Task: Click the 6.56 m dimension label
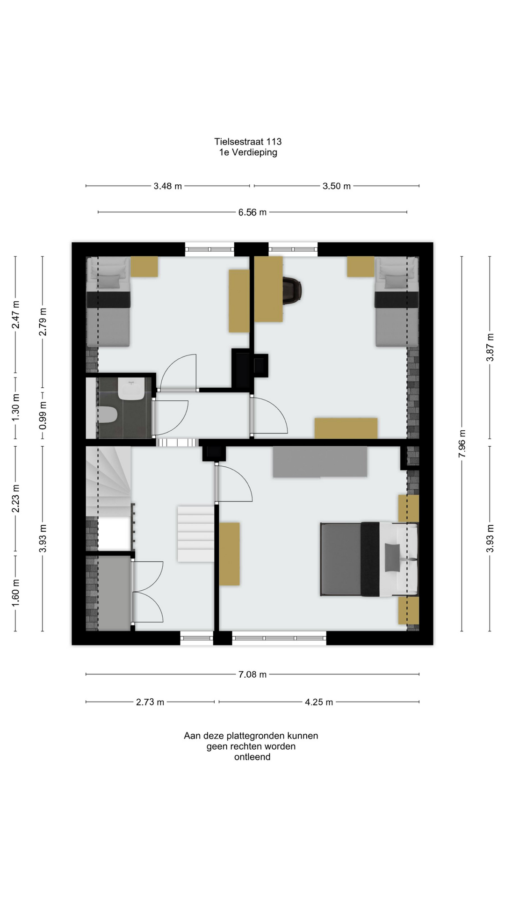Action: pyautogui.click(x=252, y=212)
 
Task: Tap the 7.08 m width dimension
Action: pyautogui.click(x=252, y=674)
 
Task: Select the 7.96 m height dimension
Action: pyautogui.click(x=462, y=443)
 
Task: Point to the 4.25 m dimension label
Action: pyautogui.click(x=319, y=702)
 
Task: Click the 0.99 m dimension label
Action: pyautogui.click(x=43, y=415)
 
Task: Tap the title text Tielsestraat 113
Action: pyautogui.click(x=248, y=142)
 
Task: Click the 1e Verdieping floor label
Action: pyautogui.click(x=248, y=152)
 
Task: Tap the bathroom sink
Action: pyautogui.click(x=131, y=389)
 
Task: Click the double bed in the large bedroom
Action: pyautogui.click(x=369, y=559)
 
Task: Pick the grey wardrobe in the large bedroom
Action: pyautogui.click(x=320, y=462)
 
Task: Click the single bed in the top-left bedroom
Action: pyautogui.click(x=108, y=302)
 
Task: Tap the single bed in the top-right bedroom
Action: pyautogui.click(x=397, y=302)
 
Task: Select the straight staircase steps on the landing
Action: pyautogui.click(x=195, y=534)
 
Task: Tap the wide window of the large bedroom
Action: pyautogui.click(x=279, y=638)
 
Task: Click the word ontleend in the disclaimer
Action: pyautogui.click(x=252, y=757)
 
